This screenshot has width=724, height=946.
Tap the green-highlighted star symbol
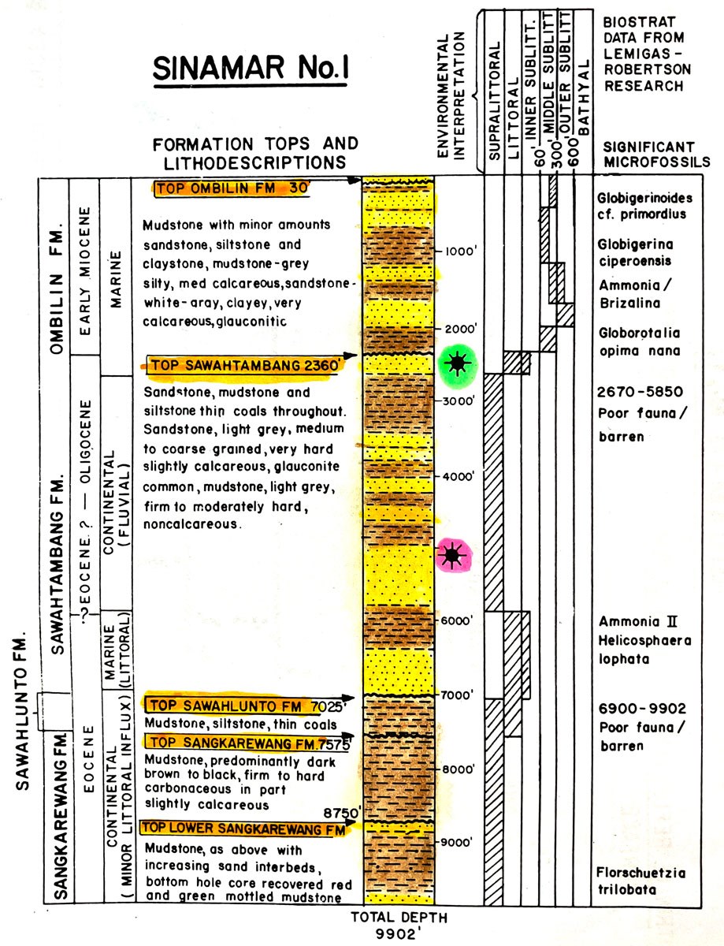455,363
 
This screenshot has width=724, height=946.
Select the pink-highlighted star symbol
451,557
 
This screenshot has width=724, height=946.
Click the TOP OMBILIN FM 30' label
233,188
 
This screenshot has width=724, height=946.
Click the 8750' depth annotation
341,812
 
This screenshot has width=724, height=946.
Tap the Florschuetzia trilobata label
638,881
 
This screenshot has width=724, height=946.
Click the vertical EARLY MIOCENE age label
91,268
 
